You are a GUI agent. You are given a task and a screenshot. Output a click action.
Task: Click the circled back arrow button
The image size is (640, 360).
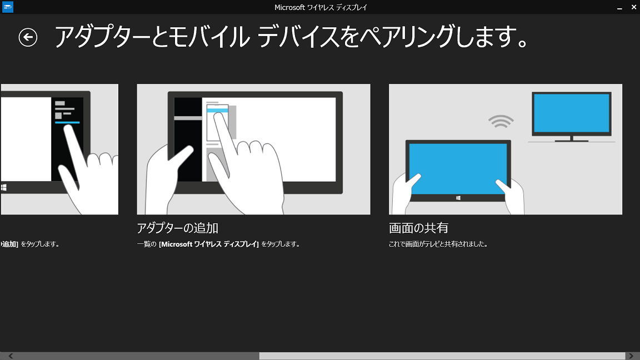[x=28, y=38]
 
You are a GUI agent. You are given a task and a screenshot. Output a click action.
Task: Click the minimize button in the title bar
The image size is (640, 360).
[x=619, y=8]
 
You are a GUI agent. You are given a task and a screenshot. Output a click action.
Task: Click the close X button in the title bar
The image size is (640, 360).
[x=634, y=7]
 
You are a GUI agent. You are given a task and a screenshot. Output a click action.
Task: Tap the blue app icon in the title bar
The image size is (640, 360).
[x=7, y=7]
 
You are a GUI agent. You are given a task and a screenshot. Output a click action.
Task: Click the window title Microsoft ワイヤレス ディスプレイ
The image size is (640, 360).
[x=321, y=7]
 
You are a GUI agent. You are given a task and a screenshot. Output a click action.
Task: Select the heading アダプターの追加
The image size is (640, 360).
[x=178, y=228]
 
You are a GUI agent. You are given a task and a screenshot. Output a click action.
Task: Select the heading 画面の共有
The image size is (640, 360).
[x=418, y=228]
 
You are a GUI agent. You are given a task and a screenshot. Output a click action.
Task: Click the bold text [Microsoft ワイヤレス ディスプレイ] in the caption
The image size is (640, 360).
[x=209, y=244]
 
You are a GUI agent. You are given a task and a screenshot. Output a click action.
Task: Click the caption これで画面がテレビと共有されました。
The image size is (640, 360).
[x=438, y=244]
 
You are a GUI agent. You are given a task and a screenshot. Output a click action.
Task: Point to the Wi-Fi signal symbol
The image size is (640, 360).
[x=501, y=121]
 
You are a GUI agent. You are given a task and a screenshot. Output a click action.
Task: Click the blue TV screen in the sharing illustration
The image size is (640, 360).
[x=572, y=113]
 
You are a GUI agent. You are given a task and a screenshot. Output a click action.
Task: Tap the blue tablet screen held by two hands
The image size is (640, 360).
[x=458, y=168]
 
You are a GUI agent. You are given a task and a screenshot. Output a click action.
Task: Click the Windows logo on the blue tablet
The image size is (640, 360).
[x=458, y=198]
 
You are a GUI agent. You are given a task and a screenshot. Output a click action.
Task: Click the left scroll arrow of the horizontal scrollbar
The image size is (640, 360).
[x=11, y=356]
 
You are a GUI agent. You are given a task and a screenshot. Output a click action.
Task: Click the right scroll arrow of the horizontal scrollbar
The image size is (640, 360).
[x=631, y=356]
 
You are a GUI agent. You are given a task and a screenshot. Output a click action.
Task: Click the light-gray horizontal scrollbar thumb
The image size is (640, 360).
[x=442, y=356]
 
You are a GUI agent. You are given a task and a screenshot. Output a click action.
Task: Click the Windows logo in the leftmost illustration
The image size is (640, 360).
[x=4, y=187]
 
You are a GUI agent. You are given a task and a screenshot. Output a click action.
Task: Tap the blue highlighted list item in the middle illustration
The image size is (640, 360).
[x=218, y=110]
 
